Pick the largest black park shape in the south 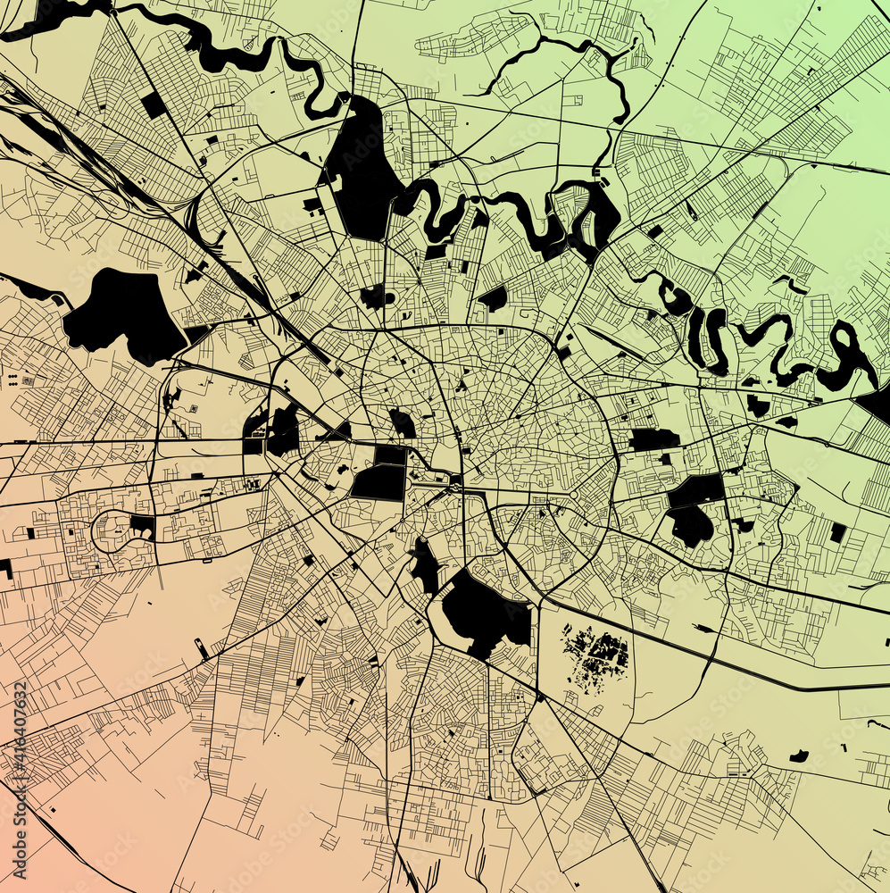click(x=482, y=612)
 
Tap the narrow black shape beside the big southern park click(x=425, y=566)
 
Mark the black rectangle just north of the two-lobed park click(x=653, y=439)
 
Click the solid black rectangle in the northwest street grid click(x=153, y=104)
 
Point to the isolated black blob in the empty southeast click(x=798, y=756)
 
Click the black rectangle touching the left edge click(x=6, y=568)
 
